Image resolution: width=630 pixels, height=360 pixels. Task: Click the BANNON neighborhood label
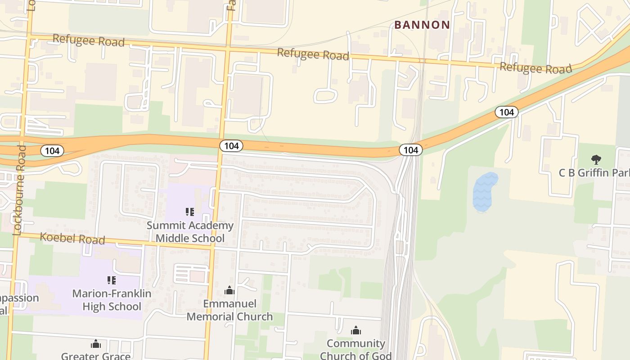tap(422, 25)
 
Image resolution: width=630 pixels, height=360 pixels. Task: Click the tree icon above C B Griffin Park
tap(596, 159)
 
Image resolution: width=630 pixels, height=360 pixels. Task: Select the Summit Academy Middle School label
tap(190, 232)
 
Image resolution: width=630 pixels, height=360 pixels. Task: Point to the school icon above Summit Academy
tap(190, 211)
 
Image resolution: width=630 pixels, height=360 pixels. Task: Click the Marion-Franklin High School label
tap(112, 300)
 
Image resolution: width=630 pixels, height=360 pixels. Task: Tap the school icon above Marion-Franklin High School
tap(112, 280)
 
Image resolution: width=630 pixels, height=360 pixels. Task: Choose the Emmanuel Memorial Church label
tap(229, 310)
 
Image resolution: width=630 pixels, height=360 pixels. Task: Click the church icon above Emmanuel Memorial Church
tap(229, 290)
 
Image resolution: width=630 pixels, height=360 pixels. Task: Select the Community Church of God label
tap(355, 350)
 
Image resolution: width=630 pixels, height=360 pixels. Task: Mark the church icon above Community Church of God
tap(356, 331)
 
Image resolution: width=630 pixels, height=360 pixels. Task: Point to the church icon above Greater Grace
tap(96, 344)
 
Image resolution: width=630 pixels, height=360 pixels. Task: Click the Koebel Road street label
tap(72, 238)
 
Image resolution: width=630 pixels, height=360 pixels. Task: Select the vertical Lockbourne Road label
tap(20, 190)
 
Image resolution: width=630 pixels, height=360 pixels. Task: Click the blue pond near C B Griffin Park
tap(485, 192)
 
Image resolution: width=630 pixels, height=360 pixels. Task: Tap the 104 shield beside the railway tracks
tap(410, 150)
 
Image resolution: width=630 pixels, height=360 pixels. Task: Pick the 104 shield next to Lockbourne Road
tap(52, 151)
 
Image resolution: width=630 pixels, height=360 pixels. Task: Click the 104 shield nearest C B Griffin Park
tap(507, 112)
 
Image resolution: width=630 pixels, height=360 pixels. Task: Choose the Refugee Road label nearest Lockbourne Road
tap(88, 40)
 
